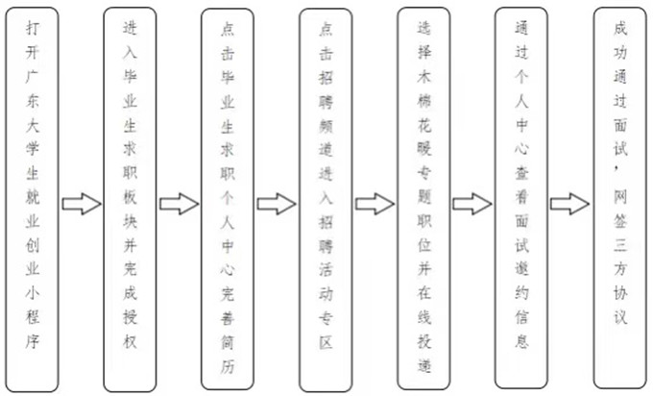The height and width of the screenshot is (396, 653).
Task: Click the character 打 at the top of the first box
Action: [33, 28]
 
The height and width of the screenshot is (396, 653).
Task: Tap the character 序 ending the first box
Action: [33, 341]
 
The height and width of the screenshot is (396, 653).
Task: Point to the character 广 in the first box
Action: [33, 77]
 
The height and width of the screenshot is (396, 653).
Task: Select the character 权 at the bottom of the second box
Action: [130, 341]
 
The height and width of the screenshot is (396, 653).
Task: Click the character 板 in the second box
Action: [130, 197]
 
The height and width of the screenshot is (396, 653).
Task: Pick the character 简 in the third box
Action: [228, 342]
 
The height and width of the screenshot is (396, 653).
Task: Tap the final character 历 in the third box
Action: [228, 366]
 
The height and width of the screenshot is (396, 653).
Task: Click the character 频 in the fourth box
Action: [326, 126]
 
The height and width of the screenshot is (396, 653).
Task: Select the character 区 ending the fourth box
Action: [326, 342]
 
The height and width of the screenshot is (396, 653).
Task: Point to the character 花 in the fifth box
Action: [424, 125]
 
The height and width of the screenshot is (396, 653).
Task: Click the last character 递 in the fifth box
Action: [424, 365]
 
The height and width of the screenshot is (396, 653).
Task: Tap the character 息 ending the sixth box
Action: [521, 341]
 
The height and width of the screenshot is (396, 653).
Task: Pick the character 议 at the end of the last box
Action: [620, 317]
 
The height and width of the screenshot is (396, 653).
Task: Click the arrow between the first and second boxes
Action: [82, 204]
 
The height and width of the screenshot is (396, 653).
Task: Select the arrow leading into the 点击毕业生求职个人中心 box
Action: [180, 204]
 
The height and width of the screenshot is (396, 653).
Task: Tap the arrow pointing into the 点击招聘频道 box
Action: [277, 204]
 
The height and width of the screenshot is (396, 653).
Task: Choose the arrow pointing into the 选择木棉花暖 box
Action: [375, 204]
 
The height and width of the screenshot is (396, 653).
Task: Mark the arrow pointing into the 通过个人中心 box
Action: [472, 204]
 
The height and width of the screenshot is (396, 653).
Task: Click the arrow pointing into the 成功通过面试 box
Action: [570, 204]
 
